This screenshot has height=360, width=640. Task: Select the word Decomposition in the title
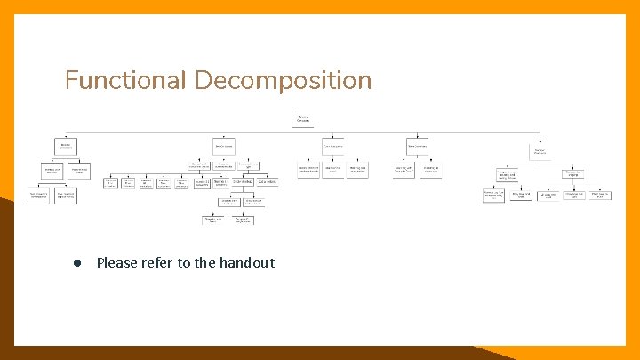[283, 81]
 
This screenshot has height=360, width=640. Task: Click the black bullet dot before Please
[78, 263]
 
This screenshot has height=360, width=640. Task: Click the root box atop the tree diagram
[303, 119]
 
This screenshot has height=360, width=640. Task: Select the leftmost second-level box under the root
[65, 145]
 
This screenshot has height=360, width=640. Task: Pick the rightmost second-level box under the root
[540, 151]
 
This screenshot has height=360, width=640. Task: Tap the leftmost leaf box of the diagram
[38, 196]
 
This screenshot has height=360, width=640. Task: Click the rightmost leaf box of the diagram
[600, 194]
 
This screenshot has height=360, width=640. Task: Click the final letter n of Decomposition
[365, 81]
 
